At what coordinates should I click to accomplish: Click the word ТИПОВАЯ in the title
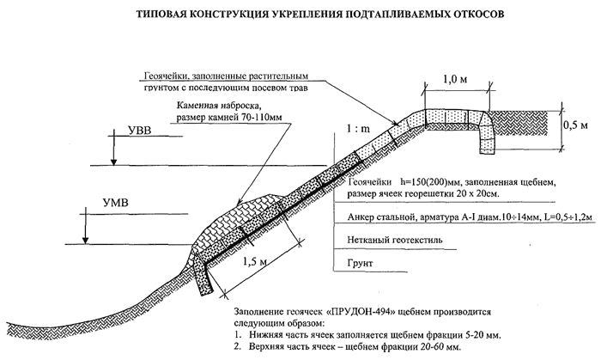(x=160, y=15)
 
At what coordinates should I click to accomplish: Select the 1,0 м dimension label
(x=455, y=79)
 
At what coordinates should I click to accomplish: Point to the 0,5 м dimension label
(x=576, y=125)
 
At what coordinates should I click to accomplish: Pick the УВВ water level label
(x=139, y=131)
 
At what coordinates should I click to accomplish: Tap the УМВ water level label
(x=115, y=203)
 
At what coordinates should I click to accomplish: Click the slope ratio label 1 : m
(x=358, y=129)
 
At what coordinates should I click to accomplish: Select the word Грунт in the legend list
(x=360, y=264)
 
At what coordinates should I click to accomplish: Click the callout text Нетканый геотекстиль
(x=395, y=240)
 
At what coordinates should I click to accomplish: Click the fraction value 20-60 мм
(x=441, y=347)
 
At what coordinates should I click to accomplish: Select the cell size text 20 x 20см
(x=478, y=194)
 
